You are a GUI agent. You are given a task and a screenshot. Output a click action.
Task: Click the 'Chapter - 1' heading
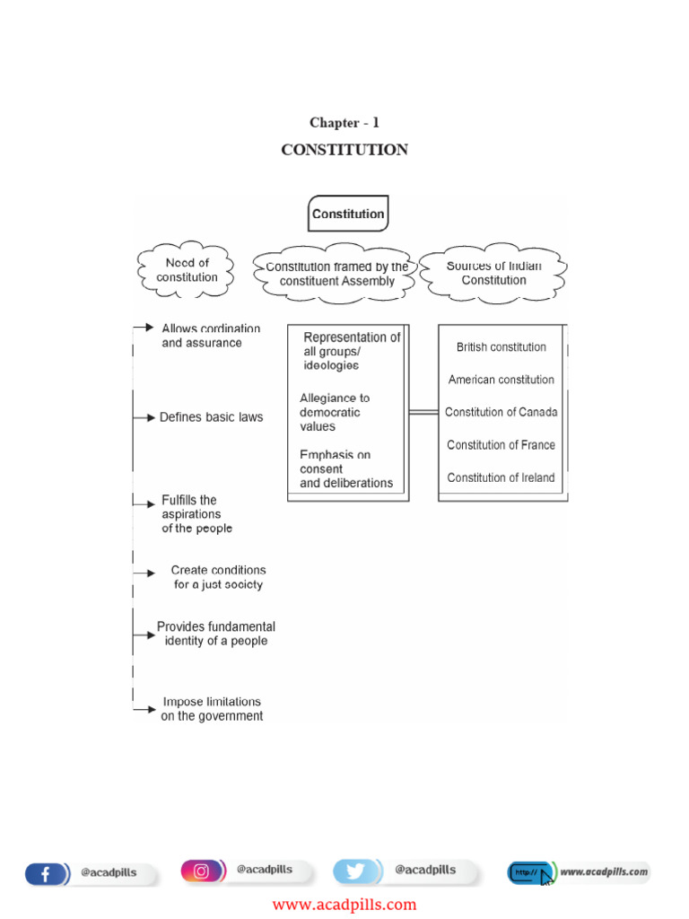click(x=344, y=123)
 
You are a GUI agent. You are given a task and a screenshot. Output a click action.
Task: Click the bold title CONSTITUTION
click(x=344, y=150)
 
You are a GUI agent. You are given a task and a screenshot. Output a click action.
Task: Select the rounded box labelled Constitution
click(x=348, y=214)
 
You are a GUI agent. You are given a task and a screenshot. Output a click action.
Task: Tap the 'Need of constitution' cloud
click(x=187, y=270)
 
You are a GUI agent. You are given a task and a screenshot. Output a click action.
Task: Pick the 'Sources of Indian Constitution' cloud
click(x=493, y=273)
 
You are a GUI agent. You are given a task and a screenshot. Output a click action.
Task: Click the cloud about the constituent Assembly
click(x=336, y=274)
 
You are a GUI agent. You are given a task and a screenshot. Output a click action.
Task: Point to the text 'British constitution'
click(x=501, y=347)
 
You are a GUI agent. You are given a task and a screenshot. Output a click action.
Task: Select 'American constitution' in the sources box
click(x=501, y=380)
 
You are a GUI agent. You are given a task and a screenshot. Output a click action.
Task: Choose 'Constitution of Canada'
click(x=501, y=412)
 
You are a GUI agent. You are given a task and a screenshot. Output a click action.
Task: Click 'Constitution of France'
click(x=501, y=445)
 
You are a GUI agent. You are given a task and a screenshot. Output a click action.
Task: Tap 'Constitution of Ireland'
click(x=501, y=477)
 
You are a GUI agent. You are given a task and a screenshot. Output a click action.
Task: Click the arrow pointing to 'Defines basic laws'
click(x=144, y=417)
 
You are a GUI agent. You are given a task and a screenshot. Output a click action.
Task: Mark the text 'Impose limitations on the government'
click(x=212, y=709)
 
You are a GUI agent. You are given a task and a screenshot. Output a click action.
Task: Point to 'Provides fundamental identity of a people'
click(x=215, y=634)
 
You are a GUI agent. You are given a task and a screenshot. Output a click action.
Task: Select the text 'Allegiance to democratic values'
click(x=334, y=412)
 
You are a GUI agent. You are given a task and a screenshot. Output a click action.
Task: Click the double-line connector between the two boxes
click(x=423, y=412)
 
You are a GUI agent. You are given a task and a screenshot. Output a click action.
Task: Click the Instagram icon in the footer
click(x=202, y=871)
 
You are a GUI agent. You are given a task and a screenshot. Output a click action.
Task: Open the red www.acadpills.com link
click(x=344, y=905)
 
